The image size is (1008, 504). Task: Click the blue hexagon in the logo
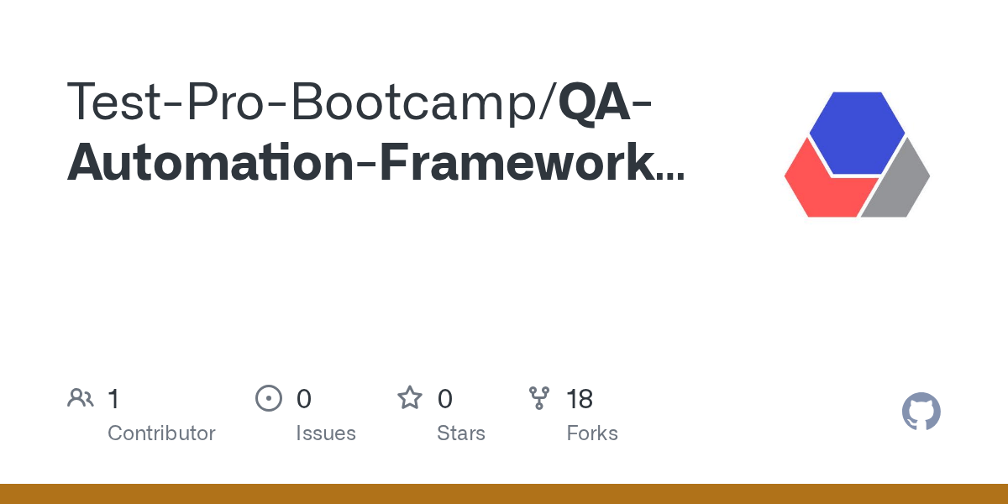click(857, 133)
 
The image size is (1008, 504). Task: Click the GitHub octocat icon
click(921, 412)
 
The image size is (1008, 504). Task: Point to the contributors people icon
click(81, 398)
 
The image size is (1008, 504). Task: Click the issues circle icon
click(269, 398)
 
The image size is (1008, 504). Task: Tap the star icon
click(410, 398)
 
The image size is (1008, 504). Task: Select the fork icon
click(539, 398)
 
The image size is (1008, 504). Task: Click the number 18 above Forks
click(580, 399)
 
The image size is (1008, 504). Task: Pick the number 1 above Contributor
click(113, 399)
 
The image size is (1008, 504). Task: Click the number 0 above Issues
click(304, 399)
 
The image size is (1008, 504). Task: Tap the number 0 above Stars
click(445, 399)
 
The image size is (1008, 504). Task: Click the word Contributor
click(161, 433)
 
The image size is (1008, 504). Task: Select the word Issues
click(326, 433)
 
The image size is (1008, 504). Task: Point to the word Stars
click(461, 433)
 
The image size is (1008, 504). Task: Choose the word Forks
click(592, 433)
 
